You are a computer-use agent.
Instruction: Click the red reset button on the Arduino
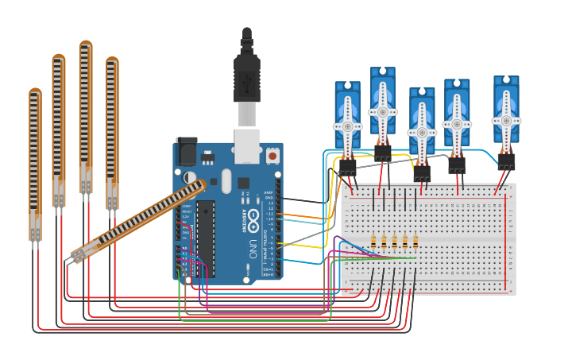(x=273, y=157)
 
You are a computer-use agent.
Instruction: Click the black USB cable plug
(x=246, y=79)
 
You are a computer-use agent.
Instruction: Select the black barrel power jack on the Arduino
(x=186, y=151)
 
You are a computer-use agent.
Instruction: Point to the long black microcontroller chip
(x=206, y=238)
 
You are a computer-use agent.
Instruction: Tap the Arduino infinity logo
(x=253, y=216)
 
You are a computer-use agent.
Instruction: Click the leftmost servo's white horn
(x=347, y=126)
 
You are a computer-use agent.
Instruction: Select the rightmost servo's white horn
(x=506, y=121)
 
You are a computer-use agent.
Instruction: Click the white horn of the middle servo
(x=422, y=132)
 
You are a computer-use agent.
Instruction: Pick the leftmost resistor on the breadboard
(x=373, y=241)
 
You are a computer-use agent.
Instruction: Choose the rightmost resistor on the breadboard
(x=416, y=241)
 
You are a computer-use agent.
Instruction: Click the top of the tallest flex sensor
(x=86, y=46)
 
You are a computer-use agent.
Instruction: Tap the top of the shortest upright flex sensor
(x=35, y=94)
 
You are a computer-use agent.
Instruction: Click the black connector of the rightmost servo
(x=506, y=161)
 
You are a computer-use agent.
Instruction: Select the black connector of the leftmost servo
(x=347, y=166)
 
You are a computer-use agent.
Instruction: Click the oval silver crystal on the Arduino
(x=226, y=180)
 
